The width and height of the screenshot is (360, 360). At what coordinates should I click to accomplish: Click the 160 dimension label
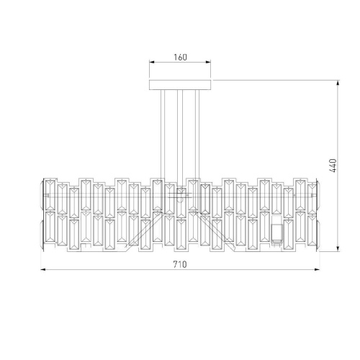pyautogui.click(x=180, y=58)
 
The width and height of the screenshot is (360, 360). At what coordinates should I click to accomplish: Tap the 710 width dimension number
pyautogui.click(x=180, y=264)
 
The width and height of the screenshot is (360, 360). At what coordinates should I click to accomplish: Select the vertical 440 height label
pyautogui.click(x=333, y=166)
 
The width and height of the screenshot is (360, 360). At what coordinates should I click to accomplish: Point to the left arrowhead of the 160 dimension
pyautogui.click(x=152, y=62)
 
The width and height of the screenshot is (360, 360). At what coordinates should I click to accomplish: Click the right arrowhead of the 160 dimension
pyautogui.click(x=208, y=62)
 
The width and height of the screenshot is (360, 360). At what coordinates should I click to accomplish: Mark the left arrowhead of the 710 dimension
pyautogui.click(x=43, y=270)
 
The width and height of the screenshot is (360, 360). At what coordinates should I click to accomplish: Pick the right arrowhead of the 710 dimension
pyautogui.click(x=317, y=270)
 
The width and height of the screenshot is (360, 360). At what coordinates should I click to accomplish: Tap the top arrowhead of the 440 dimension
pyautogui.click(x=338, y=83)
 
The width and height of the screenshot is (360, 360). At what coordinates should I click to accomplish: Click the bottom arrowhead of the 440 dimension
pyautogui.click(x=338, y=248)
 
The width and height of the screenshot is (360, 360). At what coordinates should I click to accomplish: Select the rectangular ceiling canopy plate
pyautogui.click(x=180, y=85)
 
